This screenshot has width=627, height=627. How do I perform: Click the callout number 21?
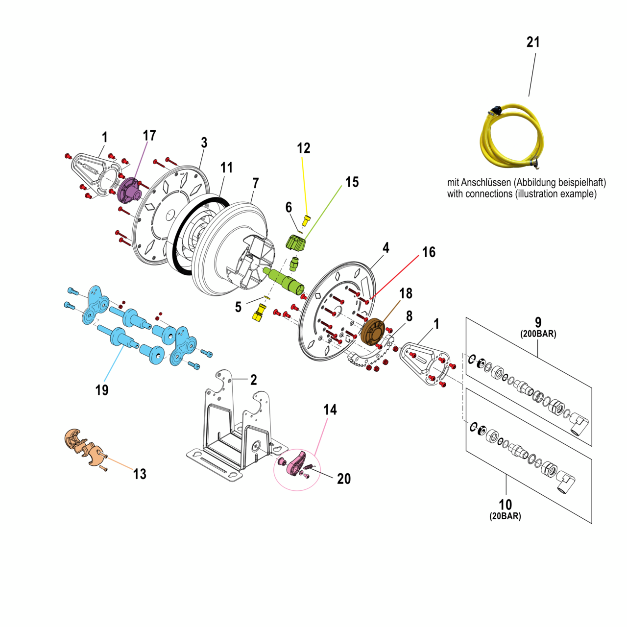533,42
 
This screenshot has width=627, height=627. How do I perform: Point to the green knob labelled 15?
295,242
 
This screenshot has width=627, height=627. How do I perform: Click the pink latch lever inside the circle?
297,463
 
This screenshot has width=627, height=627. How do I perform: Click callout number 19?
102,390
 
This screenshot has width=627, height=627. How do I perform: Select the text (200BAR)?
538,334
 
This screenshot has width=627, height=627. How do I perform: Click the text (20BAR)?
505,516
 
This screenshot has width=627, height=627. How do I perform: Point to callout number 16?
429,252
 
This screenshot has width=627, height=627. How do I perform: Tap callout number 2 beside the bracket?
253,380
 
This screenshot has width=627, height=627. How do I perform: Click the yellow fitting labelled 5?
259,313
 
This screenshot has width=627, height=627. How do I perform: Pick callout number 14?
330,410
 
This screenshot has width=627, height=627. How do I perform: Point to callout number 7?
255,183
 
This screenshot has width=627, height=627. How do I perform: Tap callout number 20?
344,479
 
